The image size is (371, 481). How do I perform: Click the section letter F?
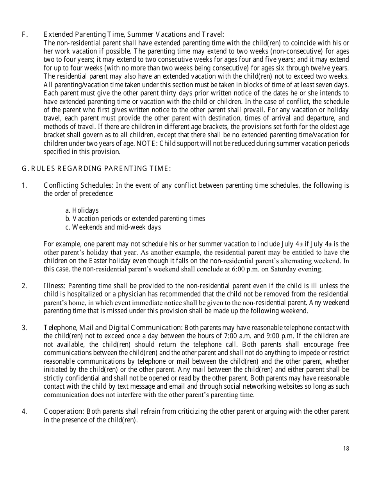pyautogui.click(x=24, y=34)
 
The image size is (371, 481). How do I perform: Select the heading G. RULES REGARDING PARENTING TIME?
pyautogui.click(x=96, y=169)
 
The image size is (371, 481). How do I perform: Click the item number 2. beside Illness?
pyautogui.click(x=24, y=286)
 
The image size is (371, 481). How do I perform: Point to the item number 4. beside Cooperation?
pyautogui.click(x=24, y=411)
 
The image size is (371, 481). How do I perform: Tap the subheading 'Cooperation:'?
pyautogui.click(x=64, y=411)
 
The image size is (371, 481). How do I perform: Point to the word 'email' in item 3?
pyautogui.click(x=195, y=386)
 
